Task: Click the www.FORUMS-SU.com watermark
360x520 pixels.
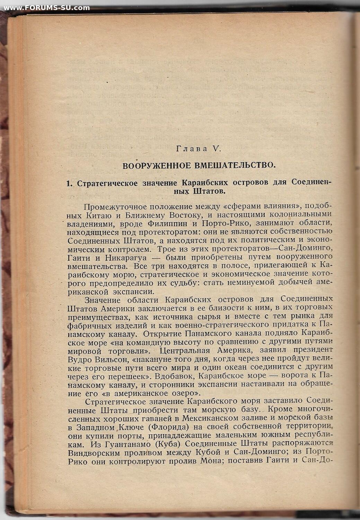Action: tap(47, 8)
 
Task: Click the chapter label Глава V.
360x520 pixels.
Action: tap(198, 149)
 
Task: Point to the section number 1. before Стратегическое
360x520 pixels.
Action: tap(69, 183)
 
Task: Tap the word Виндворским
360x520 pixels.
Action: tap(94, 453)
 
